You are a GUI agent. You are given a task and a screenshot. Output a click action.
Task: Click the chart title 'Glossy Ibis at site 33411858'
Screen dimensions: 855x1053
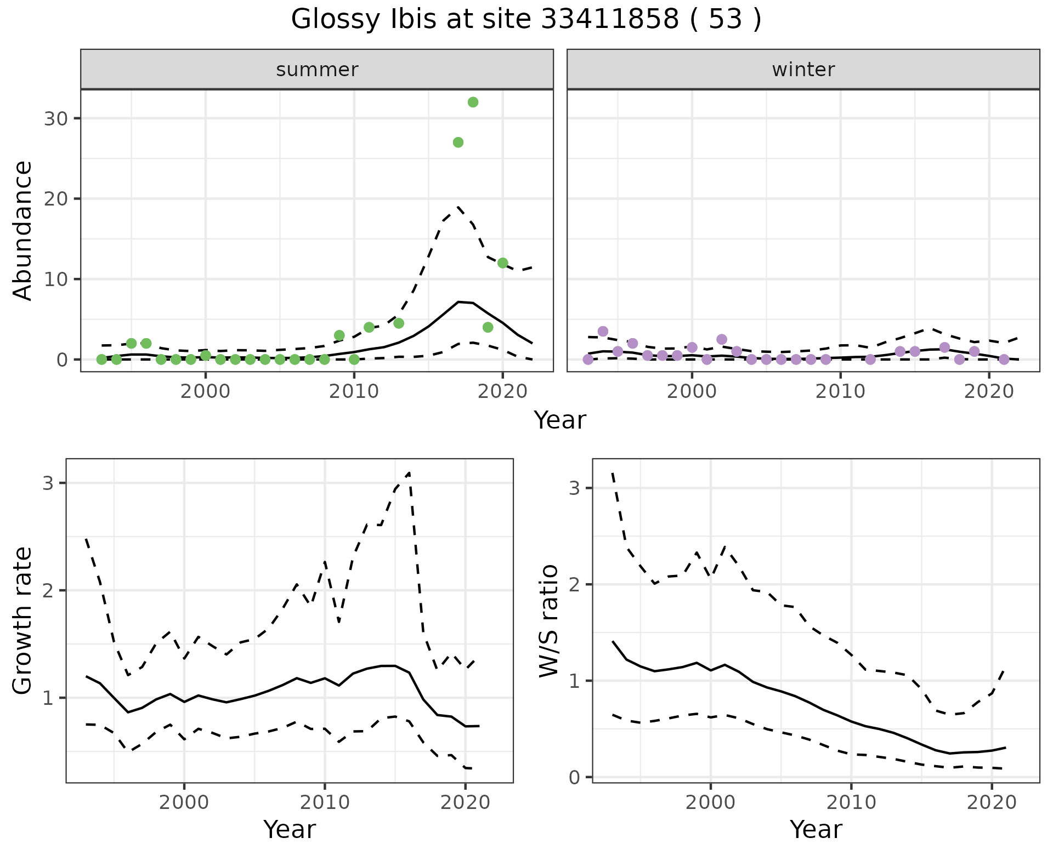pos(526,20)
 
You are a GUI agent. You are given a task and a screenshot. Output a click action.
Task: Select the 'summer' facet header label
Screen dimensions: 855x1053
pos(317,70)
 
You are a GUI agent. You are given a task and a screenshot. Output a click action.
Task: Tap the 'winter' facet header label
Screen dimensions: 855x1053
pos(803,70)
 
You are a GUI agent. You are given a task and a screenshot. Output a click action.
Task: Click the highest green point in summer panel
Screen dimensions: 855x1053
pos(473,102)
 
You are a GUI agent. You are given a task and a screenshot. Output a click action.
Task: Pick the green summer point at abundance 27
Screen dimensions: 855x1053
pos(458,142)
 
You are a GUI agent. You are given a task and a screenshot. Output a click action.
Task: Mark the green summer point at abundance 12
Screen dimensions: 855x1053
pos(502,263)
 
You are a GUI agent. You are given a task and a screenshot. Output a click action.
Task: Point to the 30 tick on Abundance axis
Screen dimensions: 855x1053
pos(55,119)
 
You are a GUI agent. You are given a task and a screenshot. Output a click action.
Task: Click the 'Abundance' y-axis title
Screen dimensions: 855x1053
pos(23,230)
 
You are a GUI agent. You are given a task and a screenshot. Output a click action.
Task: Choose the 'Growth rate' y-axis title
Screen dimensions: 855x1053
pos(23,620)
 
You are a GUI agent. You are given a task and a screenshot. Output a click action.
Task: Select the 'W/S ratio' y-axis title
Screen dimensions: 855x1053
pos(549,620)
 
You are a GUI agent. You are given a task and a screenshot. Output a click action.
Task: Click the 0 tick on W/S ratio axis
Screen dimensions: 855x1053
pos(575,777)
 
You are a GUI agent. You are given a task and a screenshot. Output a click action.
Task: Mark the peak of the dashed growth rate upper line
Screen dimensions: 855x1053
pos(409,472)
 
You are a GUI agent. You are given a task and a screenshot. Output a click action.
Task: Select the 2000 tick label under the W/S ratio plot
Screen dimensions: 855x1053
pos(710,803)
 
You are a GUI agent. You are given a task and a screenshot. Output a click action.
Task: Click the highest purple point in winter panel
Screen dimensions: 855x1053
pos(603,332)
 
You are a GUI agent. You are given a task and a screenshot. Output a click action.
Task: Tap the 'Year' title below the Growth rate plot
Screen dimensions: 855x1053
pos(290,830)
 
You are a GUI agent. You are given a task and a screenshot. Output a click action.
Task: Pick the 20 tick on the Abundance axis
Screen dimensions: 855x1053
pos(55,199)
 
